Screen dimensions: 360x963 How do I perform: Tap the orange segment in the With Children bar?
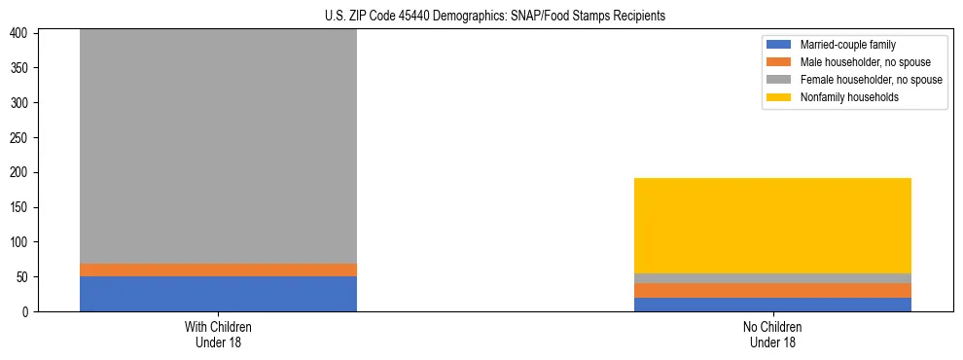[x=218, y=270]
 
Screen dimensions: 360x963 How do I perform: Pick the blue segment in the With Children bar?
[x=218, y=294]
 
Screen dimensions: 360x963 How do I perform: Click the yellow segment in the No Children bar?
[x=772, y=226]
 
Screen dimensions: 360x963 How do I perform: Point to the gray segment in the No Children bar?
[x=772, y=278]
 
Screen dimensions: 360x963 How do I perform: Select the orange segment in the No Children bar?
[x=772, y=290]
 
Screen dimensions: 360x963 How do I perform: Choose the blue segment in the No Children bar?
[x=772, y=305]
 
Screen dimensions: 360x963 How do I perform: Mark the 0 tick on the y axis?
[x=29, y=312]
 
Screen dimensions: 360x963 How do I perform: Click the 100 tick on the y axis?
[x=23, y=242]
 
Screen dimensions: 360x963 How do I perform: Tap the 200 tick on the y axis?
[x=23, y=172]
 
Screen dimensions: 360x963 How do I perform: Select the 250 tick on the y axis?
[x=23, y=138]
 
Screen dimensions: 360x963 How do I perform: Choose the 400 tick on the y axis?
[x=23, y=33]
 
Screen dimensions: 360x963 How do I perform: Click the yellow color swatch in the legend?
[x=779, y=97]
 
